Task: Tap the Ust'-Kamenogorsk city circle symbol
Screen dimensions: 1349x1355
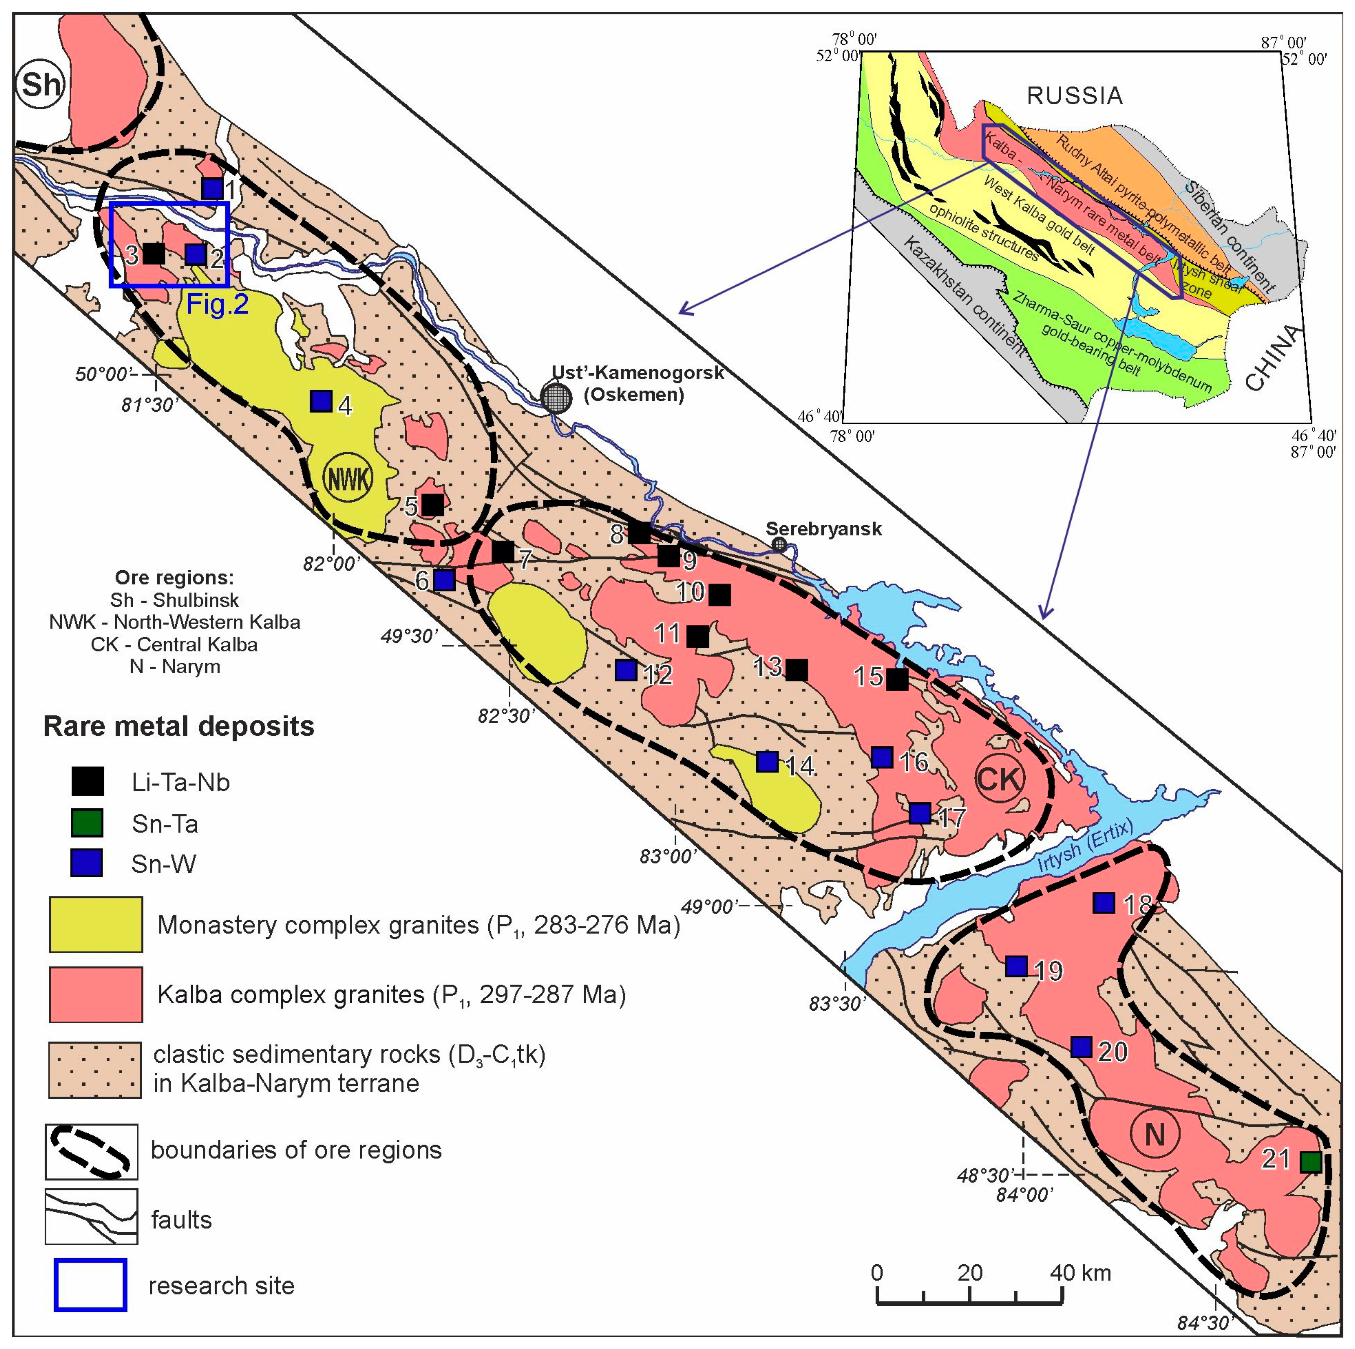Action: coord(556,397)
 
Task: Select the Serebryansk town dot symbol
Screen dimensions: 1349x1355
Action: coord(779,544)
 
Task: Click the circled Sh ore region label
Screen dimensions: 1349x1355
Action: coord(40,84)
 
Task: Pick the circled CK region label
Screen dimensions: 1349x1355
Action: coord(999,778)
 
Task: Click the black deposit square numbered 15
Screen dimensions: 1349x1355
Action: coord(897,680)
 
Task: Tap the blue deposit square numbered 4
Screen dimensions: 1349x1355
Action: coord(321,401)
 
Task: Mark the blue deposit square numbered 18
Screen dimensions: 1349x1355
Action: coord(1104,903)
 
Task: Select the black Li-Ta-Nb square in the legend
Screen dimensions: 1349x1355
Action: coord(88,781)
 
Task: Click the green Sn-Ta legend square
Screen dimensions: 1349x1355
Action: coord(88,823)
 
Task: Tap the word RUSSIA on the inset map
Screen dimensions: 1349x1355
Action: coord(1075,96)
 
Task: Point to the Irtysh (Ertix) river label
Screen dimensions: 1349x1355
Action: coord(1086,848)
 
